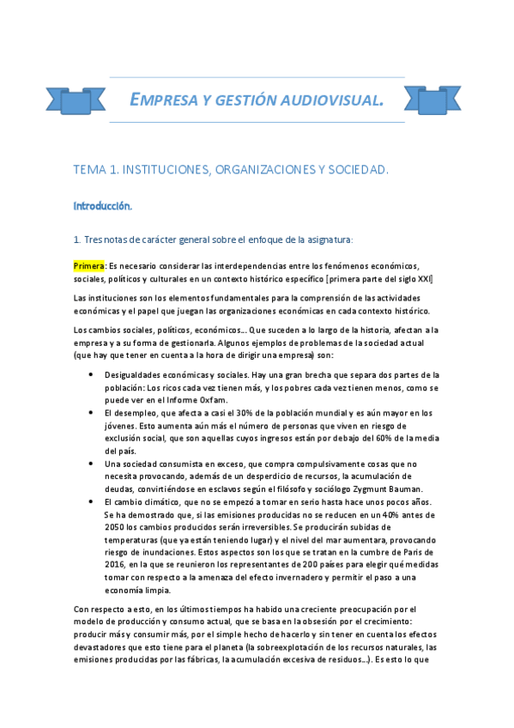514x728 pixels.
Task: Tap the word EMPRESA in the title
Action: [160, 101]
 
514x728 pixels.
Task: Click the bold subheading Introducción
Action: [102, 206]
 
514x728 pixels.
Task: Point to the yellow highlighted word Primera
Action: [88, 265]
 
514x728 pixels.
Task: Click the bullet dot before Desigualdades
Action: [92, 375]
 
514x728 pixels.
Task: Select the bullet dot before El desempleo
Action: [92, 413]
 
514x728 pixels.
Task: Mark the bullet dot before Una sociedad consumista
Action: [92, 464]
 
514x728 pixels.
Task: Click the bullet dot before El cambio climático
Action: [92, 501]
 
